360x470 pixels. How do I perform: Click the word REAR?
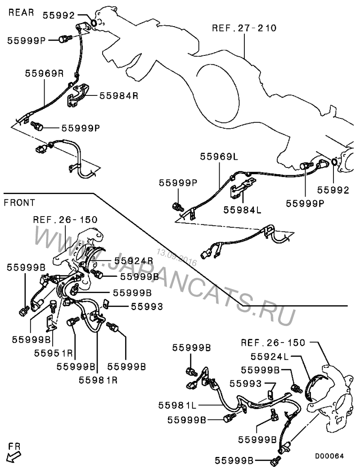click(x=21, y=12)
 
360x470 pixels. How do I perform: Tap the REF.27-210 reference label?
click(x=244, y=28)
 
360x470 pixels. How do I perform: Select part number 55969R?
click(x=44, y=73)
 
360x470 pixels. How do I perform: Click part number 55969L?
click(x=219, y=157)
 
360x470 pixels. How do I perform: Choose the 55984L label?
click(x=243, y=209)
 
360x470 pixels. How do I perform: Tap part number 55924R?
click(x=134, y=260)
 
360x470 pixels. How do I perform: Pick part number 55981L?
click(x=177, y=405)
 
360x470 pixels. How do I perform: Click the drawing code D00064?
click(x=329, y=456)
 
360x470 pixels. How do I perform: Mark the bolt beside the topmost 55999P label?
click(x=64, y=39)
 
